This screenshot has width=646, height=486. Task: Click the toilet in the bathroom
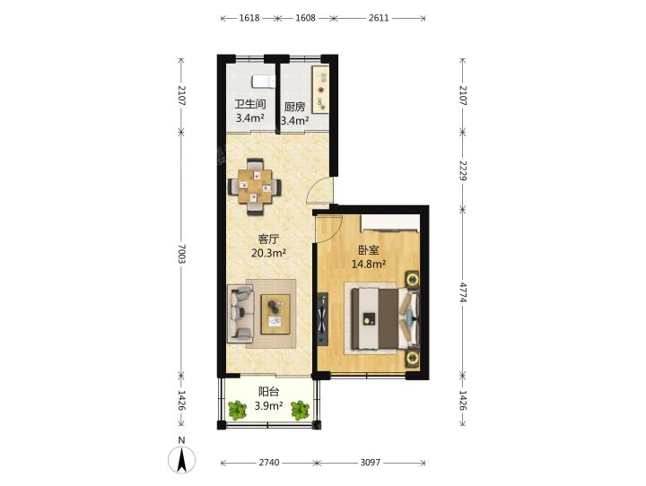point(263,81)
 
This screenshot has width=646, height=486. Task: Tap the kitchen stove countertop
point(320,89)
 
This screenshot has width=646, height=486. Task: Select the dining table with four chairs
point(256,187)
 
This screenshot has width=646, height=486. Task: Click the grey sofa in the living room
point(240,314)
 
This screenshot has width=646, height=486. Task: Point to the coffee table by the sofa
point(275,314)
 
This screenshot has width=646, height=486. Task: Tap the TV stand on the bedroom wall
point(323,319)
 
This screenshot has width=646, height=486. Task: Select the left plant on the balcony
point(237,410)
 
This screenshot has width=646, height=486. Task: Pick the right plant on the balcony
point(300,410)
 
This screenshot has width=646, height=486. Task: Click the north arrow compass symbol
point(181,458)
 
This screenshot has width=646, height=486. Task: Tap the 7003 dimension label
point(182,254)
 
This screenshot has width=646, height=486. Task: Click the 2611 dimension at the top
point(379,18)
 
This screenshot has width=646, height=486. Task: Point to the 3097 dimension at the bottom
point(370,463)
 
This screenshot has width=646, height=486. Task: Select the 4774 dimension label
point(464,292)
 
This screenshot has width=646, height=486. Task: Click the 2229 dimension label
point(464,170)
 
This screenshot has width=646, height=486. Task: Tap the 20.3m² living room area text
point(268,253)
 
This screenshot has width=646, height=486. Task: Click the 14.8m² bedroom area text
point(369,264)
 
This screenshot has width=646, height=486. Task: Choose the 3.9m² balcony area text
point(268,405)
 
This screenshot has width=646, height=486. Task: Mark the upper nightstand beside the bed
point(412,279)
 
